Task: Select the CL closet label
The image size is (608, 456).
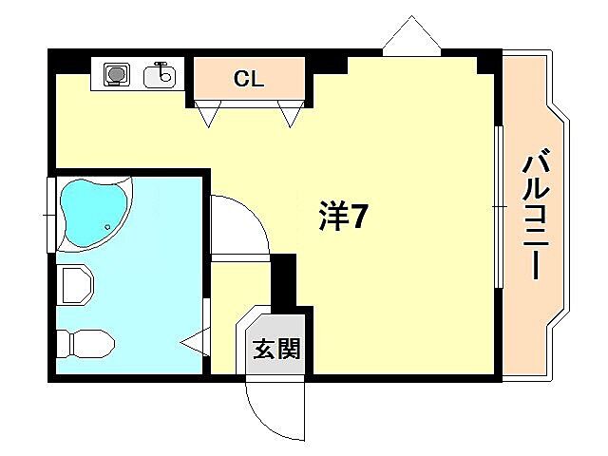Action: (x=249, y=79)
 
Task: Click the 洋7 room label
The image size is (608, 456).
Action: (x=341, y=218)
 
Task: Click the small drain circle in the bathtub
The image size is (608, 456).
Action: (x=108, y=227)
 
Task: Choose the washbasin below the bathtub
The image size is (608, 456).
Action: (x=75, y=284)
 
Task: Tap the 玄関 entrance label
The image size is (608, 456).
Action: (x=276, y=350)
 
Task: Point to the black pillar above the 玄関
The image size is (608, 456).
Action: (x=284, y=281)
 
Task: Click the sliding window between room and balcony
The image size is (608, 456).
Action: (x=497, y=204)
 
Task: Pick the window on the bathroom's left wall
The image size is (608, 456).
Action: (x=50, y=215)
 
